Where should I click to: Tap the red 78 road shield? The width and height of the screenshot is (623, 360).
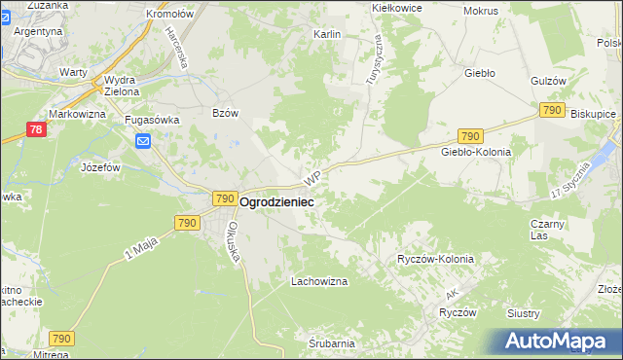click(x=34, y=129)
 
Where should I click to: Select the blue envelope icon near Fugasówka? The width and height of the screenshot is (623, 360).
click(x=144, y=143)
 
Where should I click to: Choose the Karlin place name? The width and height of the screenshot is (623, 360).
click(x=326, y=34)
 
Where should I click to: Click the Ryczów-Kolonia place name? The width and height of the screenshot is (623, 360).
click(x=435, y=260)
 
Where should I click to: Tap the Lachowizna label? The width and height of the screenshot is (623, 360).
click(x=319, y=281)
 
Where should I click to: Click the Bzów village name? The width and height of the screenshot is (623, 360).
click(x=225, y=113)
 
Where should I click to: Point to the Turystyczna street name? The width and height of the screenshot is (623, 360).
click(x=374, y=58)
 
